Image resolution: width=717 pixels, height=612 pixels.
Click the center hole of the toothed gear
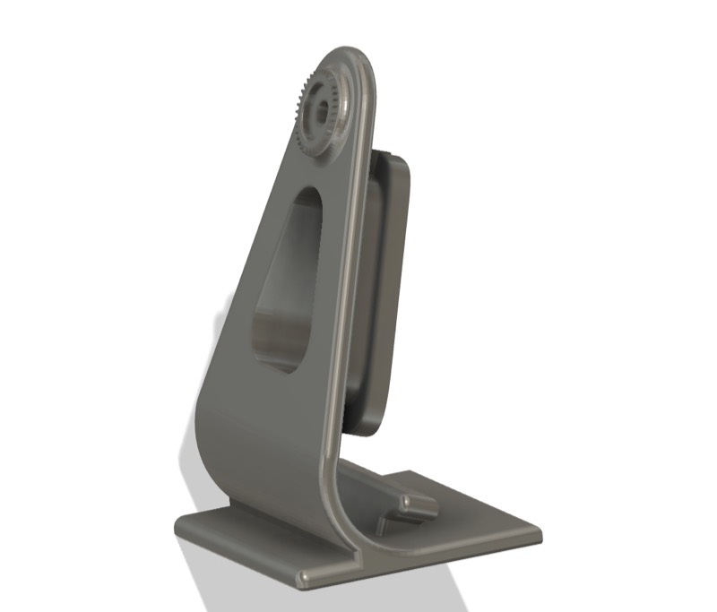(320, 110)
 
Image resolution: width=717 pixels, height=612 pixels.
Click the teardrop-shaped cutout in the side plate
(284, 278)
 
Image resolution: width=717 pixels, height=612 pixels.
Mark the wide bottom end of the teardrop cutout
(278, 354)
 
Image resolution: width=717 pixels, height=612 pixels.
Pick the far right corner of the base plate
(538, 537)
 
